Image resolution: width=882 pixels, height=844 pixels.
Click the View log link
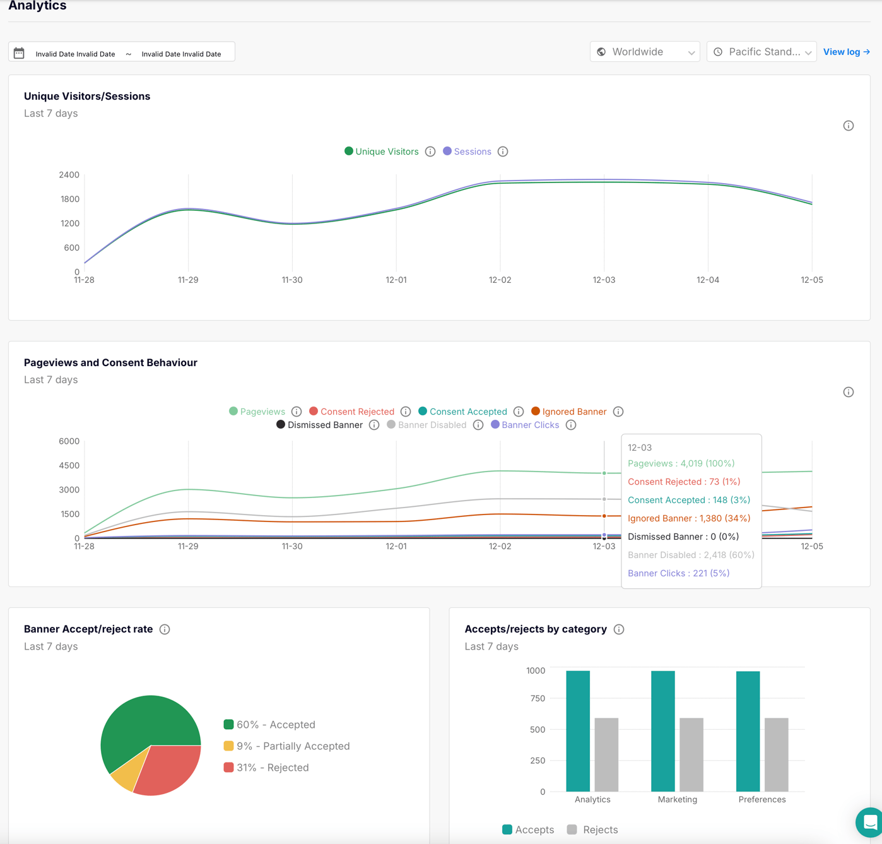[x=846, y=52]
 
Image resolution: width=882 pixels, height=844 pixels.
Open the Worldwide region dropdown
[x=645, y=52]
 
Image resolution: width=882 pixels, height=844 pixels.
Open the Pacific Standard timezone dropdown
[x=761, y=52]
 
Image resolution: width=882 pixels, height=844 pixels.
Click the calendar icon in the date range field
[x=19, y=53]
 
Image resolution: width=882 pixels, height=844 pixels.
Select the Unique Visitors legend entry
[x=381, y=152]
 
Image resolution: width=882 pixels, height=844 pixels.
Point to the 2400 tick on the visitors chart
[x=69, y=175]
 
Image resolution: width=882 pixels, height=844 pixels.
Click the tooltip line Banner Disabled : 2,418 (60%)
[x=691, y=555]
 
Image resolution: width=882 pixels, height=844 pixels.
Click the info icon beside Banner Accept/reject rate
[x=165, y=629]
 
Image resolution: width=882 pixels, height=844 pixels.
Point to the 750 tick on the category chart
[x=538, y=698]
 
